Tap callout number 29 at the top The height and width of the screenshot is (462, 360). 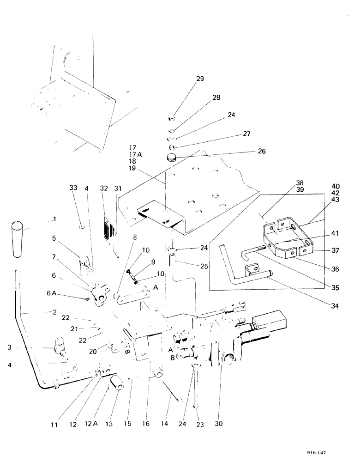pyautogui.click(x=187, y=79)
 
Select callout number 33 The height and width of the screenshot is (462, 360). pyautogui.click(x=73, y=188)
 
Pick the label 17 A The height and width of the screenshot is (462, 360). pyautogui.click(x=136, y=154)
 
